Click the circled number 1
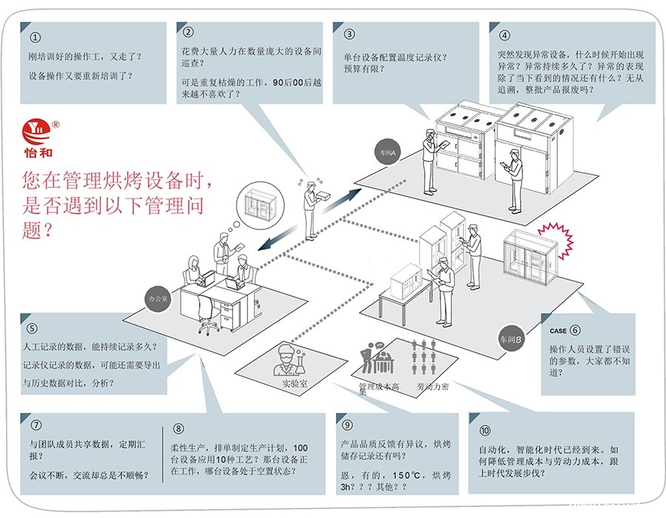point(36,37)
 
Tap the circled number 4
point(505,35)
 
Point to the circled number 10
point(485,431)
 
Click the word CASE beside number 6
point(558,331)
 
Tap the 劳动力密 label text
point(433,386)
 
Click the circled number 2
point(188,32)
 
